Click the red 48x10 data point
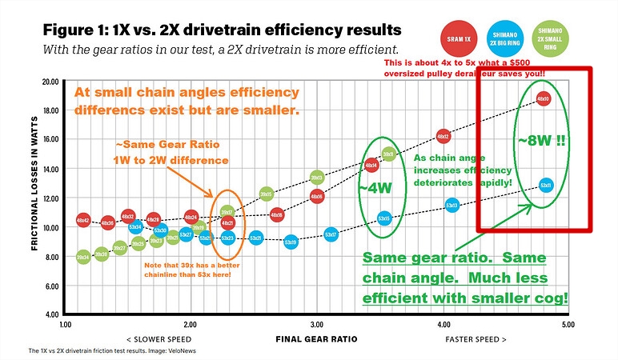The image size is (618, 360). [543, 98]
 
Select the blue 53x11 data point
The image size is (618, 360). [546, 185]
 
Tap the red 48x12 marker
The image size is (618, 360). [443, 136]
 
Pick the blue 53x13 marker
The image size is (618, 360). [451, 206]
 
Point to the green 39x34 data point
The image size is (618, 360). [82, 257]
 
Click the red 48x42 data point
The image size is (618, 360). [82, 218]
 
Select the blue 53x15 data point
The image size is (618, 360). [383, 218]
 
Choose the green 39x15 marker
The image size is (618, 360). [389, 154]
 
